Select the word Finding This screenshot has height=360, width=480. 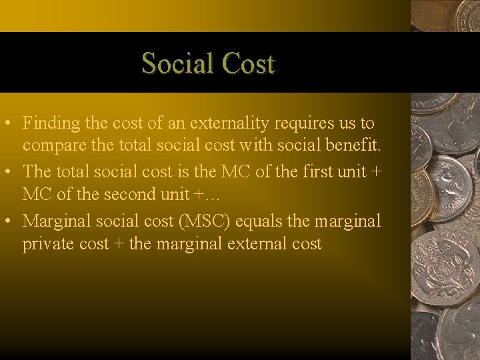point(51,123)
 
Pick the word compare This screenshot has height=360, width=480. point(51,147)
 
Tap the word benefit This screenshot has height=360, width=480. point(353,147)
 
